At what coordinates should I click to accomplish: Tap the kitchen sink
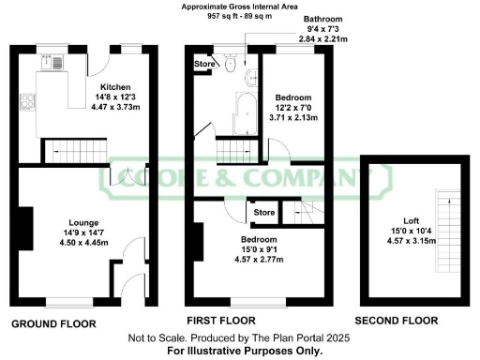[x=50, y=65]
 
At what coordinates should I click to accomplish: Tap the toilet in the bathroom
[x=231, y=67]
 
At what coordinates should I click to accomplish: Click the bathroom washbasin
[x=248, y=78]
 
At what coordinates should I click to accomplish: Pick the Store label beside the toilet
[x=203, y=64]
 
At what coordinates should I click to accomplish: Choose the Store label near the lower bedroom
[x=263, y=214]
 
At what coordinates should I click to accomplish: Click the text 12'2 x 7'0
[x=294, y=108]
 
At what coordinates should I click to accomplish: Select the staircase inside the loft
[x=442, y=216]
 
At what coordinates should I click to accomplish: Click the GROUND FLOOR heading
[x=53, y=323]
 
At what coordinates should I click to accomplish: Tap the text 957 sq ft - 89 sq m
[x=238, y=16]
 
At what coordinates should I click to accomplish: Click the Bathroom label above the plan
[x=323, y=19]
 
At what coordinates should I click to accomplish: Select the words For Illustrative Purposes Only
[x=238, y=350]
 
